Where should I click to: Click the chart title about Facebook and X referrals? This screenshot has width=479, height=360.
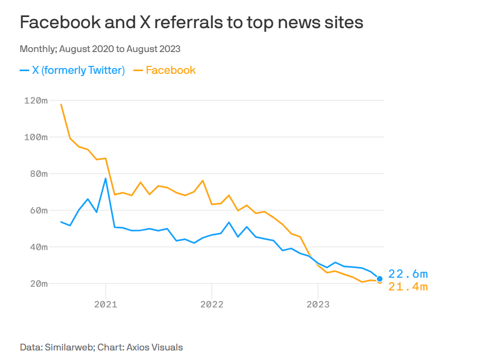(x=191, y=22)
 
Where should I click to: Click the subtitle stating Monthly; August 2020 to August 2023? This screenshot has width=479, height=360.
(x=100, y=49)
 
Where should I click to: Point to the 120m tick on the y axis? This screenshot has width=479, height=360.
(x=36, y=100)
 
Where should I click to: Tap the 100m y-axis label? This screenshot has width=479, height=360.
(x=36, y=137)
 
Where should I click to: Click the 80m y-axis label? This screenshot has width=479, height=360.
(x=38, y=174)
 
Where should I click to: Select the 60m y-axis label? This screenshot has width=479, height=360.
(x=38, y=210)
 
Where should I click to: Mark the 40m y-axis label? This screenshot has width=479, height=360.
(x=38, y=247)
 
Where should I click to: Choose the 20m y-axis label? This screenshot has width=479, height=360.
(x=38, y=284)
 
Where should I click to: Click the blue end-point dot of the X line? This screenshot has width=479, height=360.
(x=380, y=279)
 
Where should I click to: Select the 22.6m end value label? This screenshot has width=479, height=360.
(x=408, y=274)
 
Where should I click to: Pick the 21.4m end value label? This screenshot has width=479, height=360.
(x=408, y=287)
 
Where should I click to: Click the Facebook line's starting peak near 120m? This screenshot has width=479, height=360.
(x=61, y=104)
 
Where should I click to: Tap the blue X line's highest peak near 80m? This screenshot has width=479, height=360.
(x=106, y=178)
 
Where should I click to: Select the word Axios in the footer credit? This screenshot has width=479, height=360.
(x=138, y=347)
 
